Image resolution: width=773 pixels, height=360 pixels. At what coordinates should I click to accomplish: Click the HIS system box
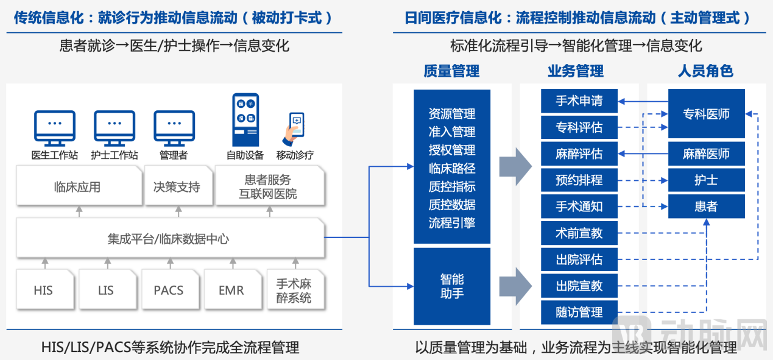point(43,289)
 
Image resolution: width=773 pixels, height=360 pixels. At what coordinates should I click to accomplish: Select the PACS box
point(168,289)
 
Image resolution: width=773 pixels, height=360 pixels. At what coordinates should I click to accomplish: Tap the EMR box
point(231,289)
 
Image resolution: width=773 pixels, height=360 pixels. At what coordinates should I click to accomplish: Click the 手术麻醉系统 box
point(294,289)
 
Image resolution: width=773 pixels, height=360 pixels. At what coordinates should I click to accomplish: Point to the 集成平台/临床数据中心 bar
point(169,239)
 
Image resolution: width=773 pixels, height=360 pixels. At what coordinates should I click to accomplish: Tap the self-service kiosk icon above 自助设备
point(245,119)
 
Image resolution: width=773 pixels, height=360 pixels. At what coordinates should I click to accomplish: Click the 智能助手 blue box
point(451,286)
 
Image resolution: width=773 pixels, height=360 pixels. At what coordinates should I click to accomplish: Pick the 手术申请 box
point(579,101)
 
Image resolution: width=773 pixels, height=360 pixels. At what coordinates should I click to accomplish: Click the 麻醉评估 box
point(579,154)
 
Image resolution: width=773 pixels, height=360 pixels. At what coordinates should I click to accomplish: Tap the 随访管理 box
point(579,312)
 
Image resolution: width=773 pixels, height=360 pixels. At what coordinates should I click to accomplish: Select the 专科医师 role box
point(706,114)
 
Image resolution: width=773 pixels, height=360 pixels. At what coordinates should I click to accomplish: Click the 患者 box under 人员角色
point(706,206)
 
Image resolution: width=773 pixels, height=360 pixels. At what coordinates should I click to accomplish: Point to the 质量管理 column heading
point(451,71)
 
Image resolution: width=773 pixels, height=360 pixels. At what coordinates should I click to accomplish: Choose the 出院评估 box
point(579,259)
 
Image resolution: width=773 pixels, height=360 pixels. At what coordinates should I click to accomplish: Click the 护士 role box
point(706,180)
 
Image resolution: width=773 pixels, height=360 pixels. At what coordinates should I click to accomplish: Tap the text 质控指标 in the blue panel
point(451,186)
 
